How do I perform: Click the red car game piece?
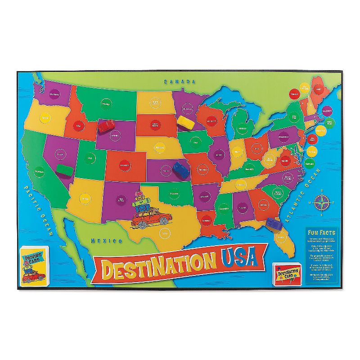point(106,126)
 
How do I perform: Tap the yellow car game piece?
point(184,121)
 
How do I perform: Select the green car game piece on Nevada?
point(65,170)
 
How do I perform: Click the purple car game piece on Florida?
point(273,223)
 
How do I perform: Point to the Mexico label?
point(107,240)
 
